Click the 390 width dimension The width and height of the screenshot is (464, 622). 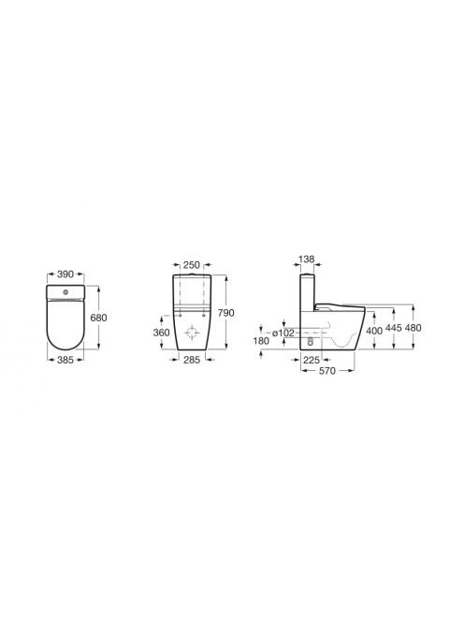tap(65, 274)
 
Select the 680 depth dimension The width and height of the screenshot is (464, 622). tap(98, 318)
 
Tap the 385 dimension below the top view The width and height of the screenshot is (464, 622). tap(65, 360)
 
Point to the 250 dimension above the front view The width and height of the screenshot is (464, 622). tap(192, 265)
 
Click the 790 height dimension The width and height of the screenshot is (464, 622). tap(225, 313)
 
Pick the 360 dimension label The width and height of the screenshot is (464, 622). tap(161, 333)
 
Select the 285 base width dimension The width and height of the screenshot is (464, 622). tap(192, 361)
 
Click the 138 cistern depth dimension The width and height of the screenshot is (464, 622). tap(306, 259)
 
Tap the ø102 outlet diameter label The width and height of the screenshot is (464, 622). tap(283, 333)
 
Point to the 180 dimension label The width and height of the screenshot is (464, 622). tap(261, 341)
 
